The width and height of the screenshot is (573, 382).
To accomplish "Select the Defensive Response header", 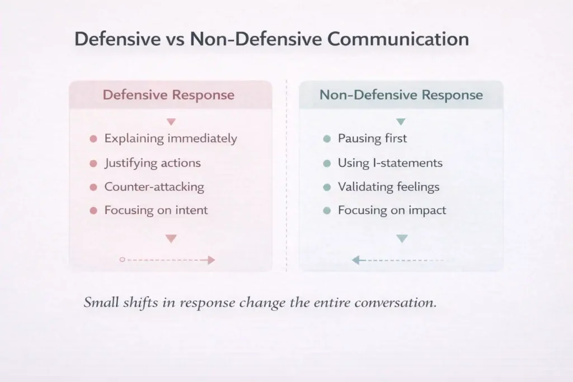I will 168,95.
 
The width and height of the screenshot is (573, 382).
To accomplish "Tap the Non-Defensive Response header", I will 401,95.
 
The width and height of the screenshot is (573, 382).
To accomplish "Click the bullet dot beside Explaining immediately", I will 93,139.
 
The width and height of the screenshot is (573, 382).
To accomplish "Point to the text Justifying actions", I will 152,163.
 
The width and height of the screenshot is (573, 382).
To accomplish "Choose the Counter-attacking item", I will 154,187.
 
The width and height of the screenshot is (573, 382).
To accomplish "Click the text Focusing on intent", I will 156,210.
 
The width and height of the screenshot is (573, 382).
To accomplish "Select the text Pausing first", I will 373,139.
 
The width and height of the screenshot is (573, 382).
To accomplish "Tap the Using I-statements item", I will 390,163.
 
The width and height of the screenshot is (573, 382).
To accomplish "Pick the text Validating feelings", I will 388,187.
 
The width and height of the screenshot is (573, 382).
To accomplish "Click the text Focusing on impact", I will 392,210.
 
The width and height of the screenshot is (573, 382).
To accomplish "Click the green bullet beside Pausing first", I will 327,139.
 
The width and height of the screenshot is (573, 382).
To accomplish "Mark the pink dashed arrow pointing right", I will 168,260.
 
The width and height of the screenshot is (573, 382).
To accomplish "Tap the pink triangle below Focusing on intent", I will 171,239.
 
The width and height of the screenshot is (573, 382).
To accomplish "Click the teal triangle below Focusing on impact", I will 402,239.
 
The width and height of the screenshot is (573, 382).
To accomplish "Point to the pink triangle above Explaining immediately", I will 171,121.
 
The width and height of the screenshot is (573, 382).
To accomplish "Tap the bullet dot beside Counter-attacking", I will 93,187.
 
